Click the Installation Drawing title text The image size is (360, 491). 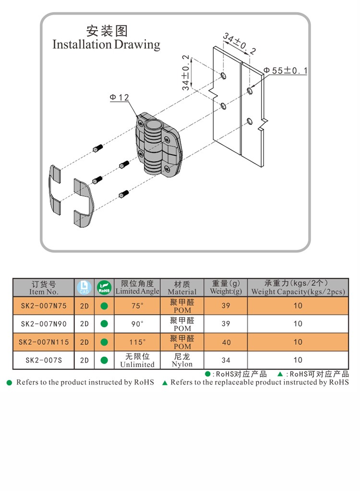point(106,44)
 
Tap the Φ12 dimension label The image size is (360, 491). point(119,98)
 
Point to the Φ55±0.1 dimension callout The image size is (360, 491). point(286,71)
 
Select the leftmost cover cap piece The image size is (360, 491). point(55,190)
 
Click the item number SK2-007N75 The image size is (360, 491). point(44,306)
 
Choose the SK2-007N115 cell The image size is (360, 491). point(44,342)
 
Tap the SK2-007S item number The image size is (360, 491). point(44,360)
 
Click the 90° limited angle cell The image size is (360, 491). point(137,324)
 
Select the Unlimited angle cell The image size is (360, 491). point(137,360)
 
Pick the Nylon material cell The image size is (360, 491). point(182,360)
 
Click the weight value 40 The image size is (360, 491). point(226,342)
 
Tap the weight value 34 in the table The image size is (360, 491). point(226,360)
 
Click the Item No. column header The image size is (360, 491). point(44,287)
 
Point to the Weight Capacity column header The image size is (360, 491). point(298,287)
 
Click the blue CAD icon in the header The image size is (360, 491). point(84,287)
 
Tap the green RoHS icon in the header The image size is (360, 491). point(104,287)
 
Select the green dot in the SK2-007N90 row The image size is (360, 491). point(104,324)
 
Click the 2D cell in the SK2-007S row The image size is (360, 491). point(84,360)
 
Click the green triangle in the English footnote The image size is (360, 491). point(165,383)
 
